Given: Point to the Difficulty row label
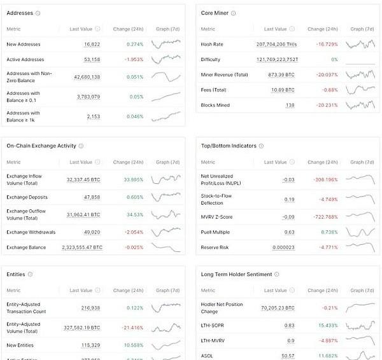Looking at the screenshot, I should coord(211,60).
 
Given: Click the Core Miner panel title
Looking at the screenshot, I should coord(215,13).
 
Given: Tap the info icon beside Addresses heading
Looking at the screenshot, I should coord(38,13).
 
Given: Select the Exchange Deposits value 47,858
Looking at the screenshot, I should coord(92,197).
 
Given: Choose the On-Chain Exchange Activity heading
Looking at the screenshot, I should coord(42,146).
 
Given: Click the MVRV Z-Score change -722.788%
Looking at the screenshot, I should coord(324,217).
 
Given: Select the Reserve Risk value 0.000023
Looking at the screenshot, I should coord(283,247).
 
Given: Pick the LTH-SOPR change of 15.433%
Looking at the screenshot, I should coord(325,325).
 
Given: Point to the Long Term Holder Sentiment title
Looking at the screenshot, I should coord(236,274).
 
